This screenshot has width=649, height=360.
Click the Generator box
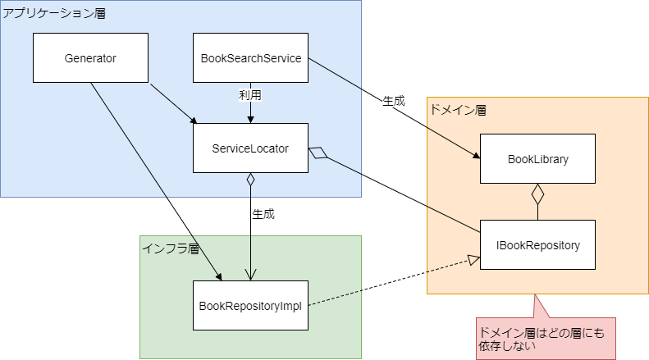point(90,58)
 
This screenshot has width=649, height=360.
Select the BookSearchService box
point(250,58)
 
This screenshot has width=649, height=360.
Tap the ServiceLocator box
point(250,148)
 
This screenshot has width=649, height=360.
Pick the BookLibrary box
point(537,158)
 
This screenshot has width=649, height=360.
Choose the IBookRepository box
point(537,245)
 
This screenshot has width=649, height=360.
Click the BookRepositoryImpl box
point(250,306)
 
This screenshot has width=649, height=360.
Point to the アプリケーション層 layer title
point(54,14)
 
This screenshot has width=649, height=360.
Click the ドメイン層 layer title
point(457,109)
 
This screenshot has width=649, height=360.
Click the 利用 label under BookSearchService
point(249,95)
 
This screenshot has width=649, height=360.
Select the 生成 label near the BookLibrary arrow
point(394,101)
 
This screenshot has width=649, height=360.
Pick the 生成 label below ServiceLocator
point(263,214)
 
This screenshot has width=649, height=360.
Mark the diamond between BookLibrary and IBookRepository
point(537,194)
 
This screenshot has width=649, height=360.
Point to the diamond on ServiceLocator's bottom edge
point(250,180)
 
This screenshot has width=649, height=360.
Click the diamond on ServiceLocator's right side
point(318,152)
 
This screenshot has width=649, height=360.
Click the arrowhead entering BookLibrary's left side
point(475,157)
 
